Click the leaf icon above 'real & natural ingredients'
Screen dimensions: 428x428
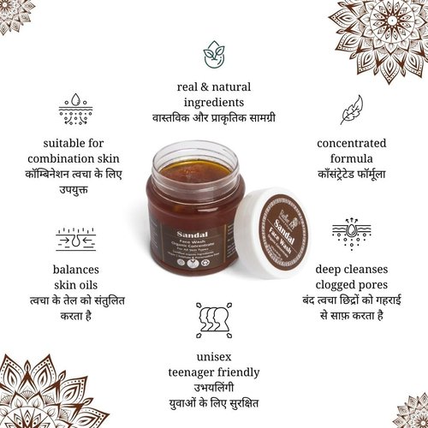(214, 53)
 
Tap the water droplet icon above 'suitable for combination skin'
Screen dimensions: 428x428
(75, 110)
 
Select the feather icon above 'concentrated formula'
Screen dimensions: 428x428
(350, 112)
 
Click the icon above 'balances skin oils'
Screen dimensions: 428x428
(76, 242)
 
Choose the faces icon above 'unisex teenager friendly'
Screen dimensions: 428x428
(213, 318)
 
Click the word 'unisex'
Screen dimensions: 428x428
(214, 354)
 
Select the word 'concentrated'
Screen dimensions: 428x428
(351, 143)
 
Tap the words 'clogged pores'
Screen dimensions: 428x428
(351, 285)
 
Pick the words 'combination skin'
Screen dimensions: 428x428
(75, 159)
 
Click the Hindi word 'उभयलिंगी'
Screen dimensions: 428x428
(214, 386)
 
